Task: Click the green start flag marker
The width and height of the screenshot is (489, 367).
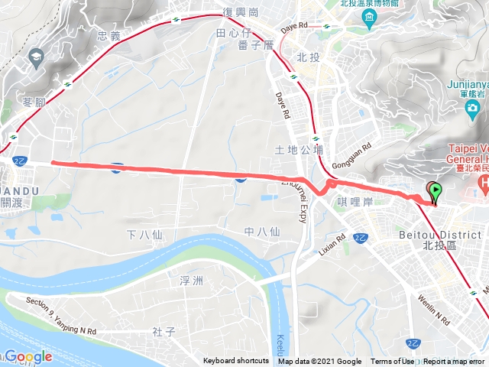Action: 436,191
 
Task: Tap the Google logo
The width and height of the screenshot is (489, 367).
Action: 28,356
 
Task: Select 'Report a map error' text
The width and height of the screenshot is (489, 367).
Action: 455,362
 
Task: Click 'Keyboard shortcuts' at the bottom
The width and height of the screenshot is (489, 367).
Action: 236,362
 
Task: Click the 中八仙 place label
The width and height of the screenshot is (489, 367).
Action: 262,232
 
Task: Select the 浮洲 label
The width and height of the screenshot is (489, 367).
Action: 191,281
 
